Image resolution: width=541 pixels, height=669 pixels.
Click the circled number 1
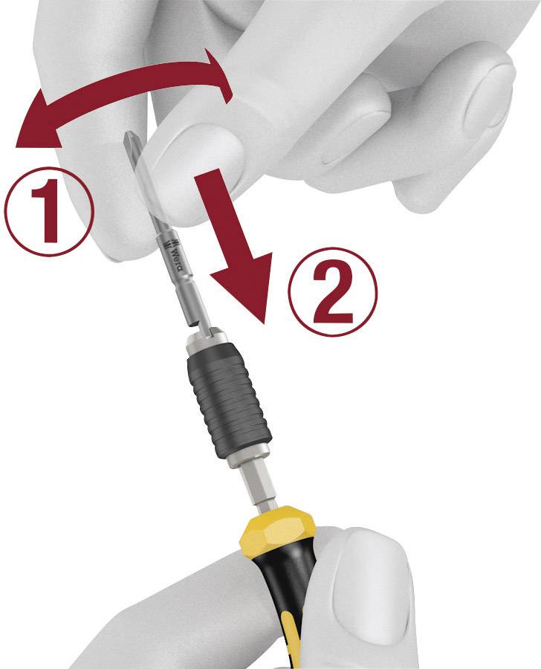[x=49, y=211]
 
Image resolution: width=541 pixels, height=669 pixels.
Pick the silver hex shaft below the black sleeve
[x=261, y=490]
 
